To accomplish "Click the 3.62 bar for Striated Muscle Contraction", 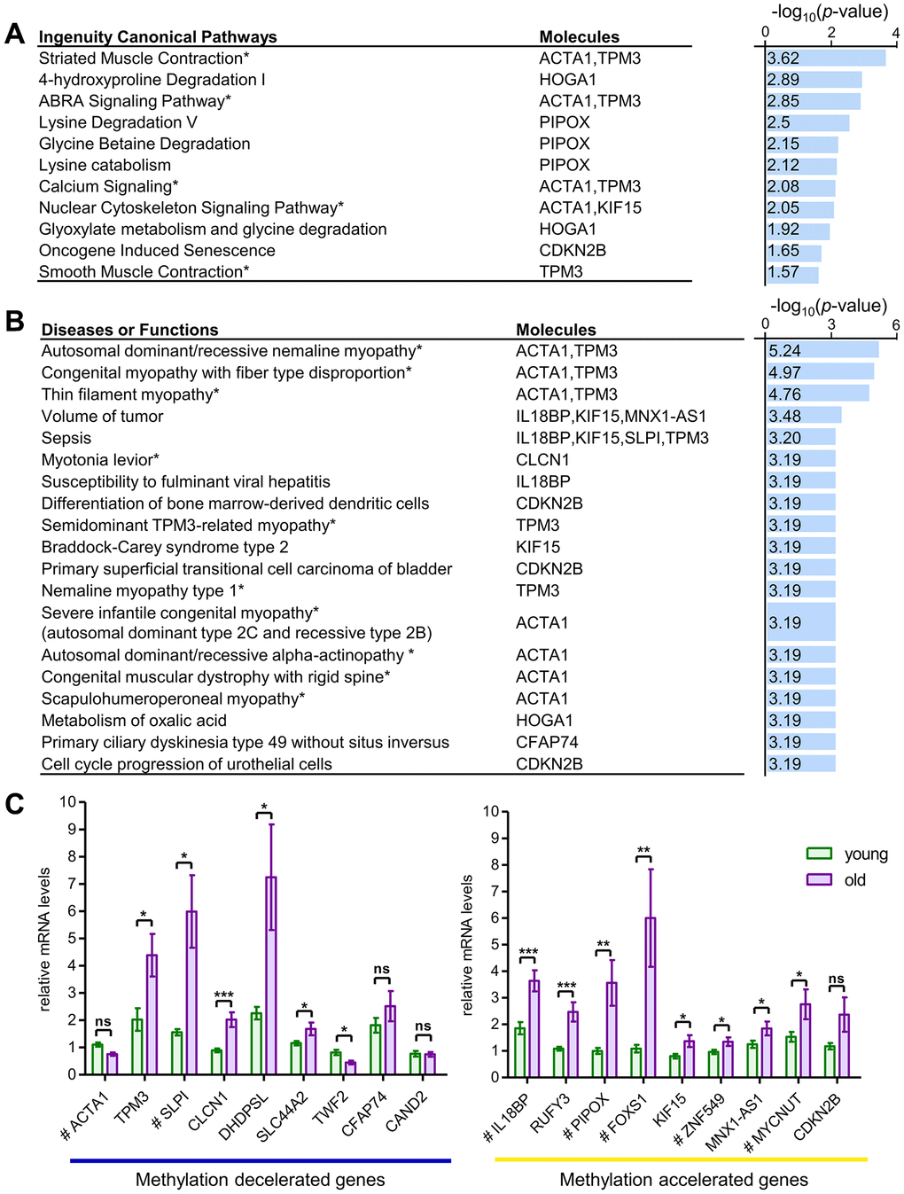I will pos(824,59).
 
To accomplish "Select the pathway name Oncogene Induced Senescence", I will pos(157,251).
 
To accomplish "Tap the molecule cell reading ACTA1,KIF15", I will pos(590,208).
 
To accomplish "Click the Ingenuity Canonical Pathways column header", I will pos(158,37).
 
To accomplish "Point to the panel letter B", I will pos(14,320).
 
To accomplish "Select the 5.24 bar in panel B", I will pos(822,351).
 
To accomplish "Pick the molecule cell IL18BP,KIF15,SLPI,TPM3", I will pos(612,439).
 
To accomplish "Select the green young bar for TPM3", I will pos(137,1046).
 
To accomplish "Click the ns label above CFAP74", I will pos(382,970).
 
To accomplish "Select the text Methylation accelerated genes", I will pos(683,1180).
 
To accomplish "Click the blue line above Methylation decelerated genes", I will pos(261,1160).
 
